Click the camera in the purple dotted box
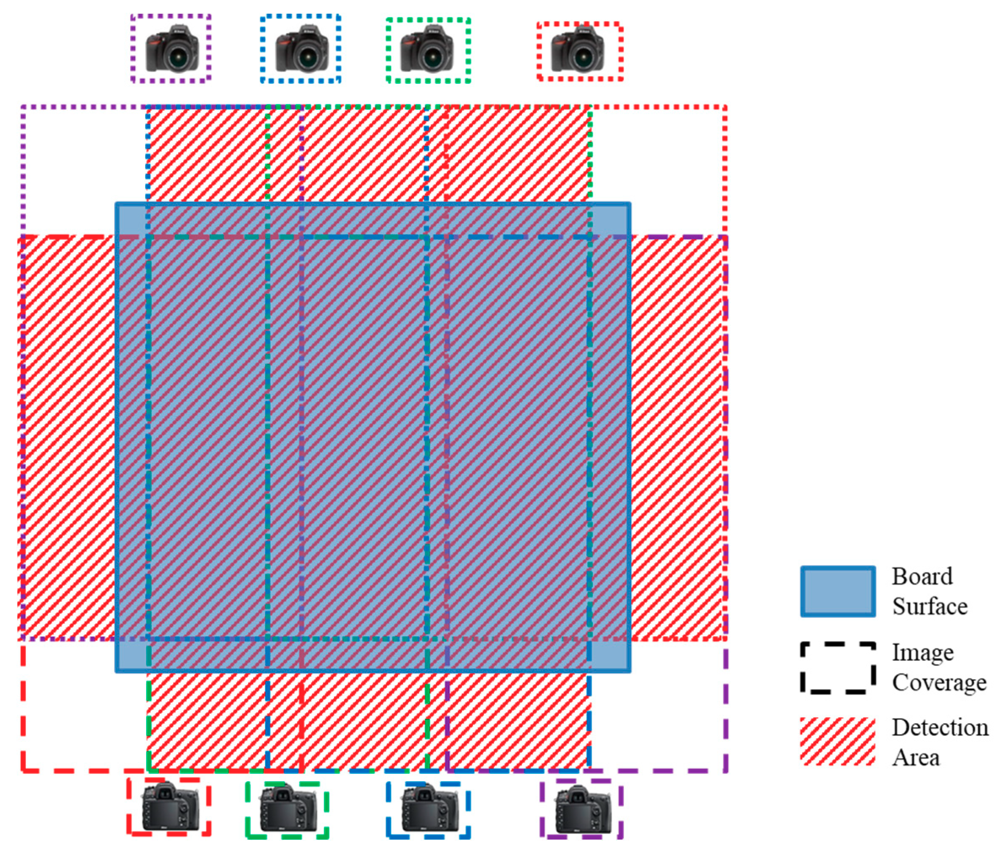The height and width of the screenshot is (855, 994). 172,48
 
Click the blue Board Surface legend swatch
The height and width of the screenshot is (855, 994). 837,591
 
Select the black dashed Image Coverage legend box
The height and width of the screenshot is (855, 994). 837,668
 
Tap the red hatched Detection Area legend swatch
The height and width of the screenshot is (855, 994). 837,741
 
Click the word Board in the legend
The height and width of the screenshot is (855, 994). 922,576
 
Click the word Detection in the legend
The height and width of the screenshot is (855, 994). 940,728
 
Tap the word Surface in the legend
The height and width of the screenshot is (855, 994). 929,607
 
